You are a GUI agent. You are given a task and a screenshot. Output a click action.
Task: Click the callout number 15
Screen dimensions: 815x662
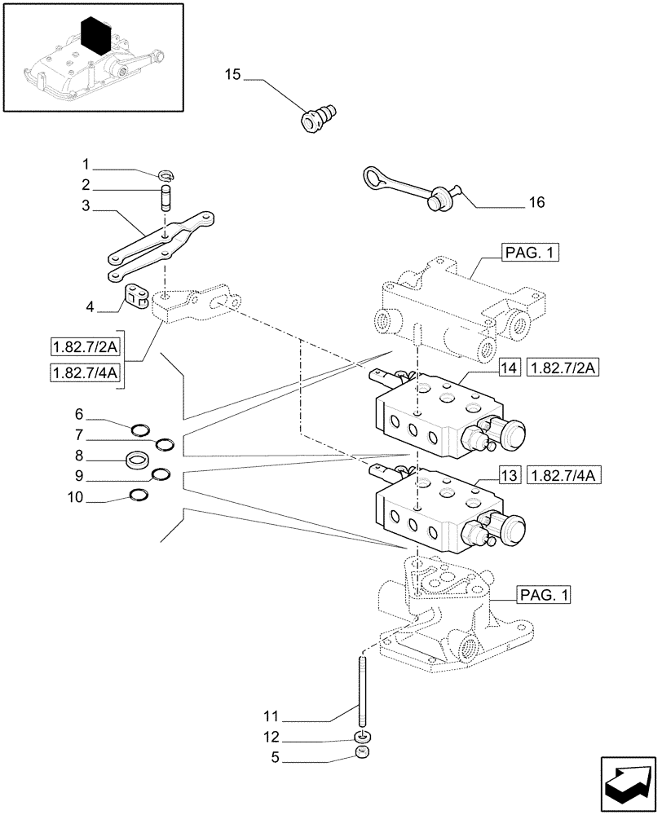pyautogui.click(x=232, y=76)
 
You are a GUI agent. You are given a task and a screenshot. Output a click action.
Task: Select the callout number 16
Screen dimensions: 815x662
pyautogui.click(x=536, y=202)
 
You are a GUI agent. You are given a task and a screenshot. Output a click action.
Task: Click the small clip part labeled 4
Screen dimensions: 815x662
pyautogui.click(x=135, y=297)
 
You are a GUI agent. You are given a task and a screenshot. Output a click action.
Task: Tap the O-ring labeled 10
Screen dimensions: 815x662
pyautogui.click(x=140, y=494)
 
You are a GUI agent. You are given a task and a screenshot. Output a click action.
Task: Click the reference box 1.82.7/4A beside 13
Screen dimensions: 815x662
pyautogui.click(x=563, y=475)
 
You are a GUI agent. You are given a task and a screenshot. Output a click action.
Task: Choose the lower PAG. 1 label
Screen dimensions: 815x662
pyautogui.click(x=543, y=596)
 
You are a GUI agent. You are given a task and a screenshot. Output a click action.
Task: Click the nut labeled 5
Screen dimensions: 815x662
pyautogui.click(x=361, y=756)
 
